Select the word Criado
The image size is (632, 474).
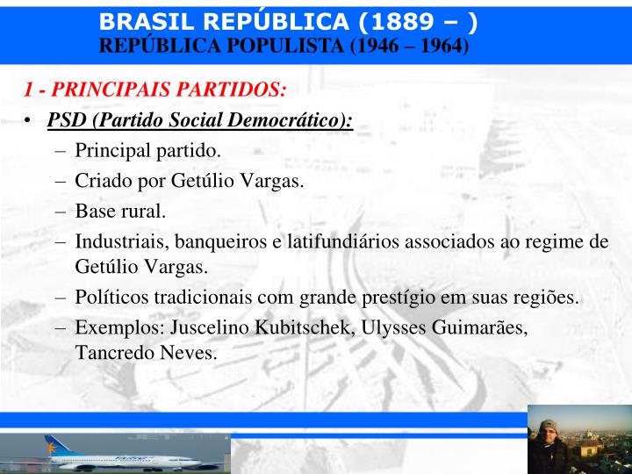click(x=103, y=182)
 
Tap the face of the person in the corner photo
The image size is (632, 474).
click(x=550, y=433)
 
